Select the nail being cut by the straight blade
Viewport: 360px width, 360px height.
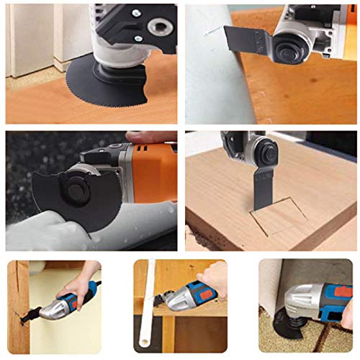click(x=210, y=31)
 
